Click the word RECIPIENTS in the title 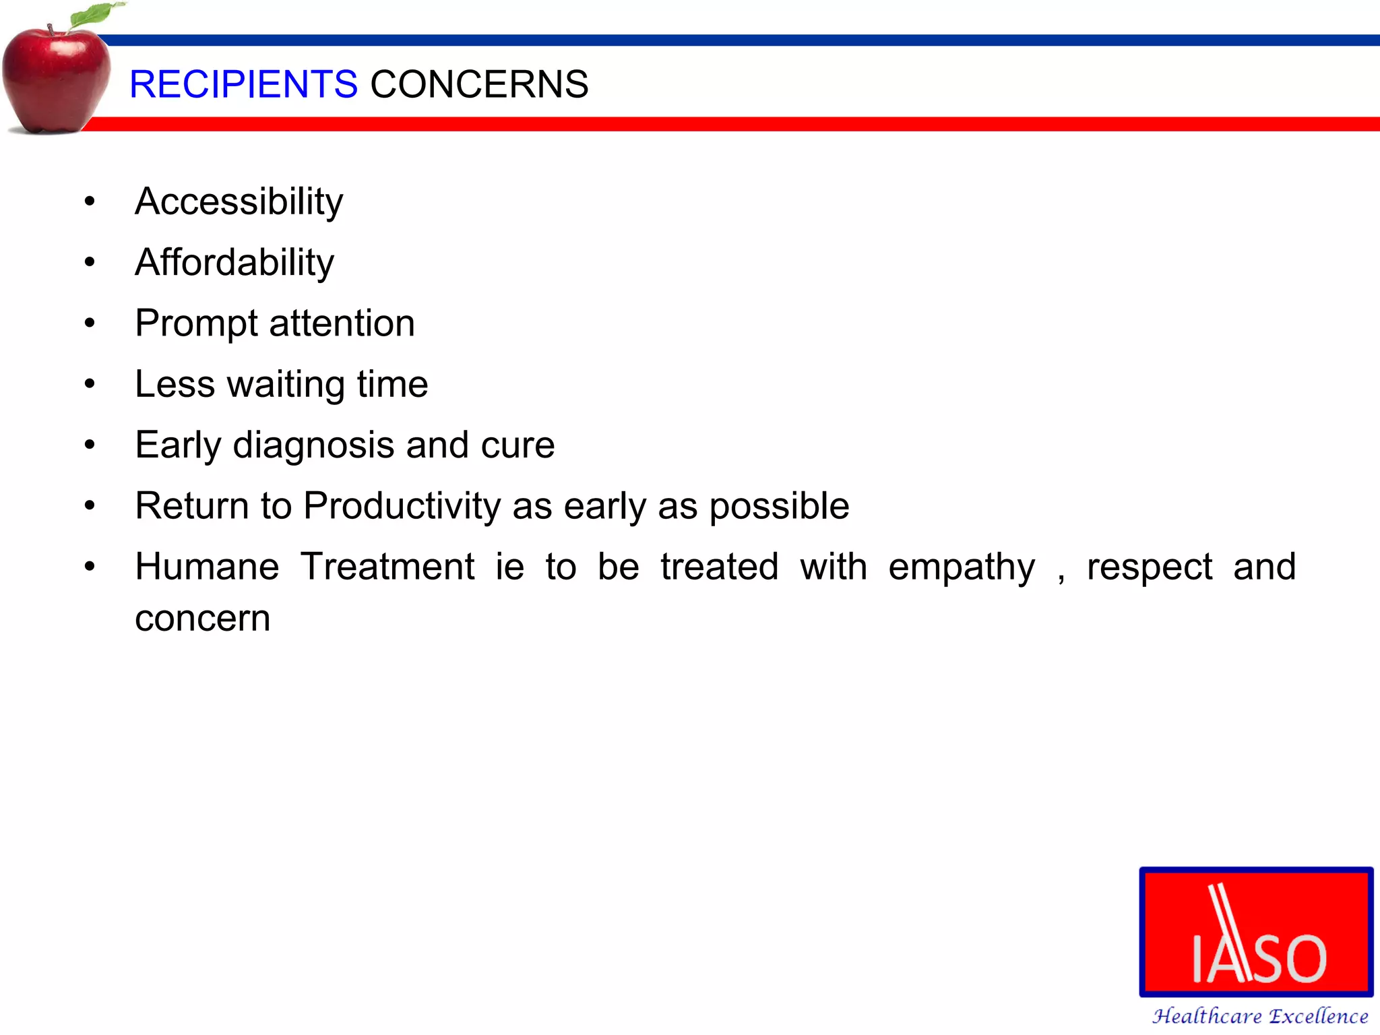point(243,84)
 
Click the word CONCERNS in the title point(479,84)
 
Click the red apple point(55,81)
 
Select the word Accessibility point(239,201)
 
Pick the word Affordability point(234,262)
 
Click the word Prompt point(196,323)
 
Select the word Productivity point(402,506)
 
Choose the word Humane point(207,567)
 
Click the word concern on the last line point(202,619)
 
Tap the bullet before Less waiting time point(90,384)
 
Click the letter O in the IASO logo point(1303,958)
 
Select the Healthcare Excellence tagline point(1259,1015)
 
